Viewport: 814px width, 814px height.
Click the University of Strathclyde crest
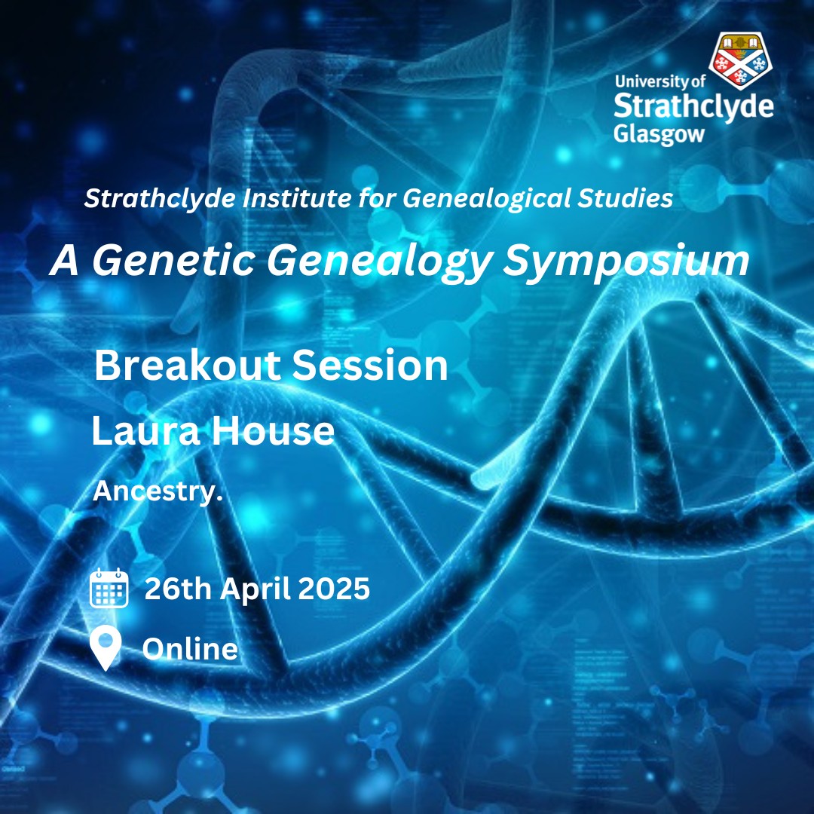pyautogui.click(x=741, y=60)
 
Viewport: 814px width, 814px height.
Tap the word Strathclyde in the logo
pyautogui.click(x=693, y=106)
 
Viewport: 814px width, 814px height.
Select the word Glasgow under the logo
pyautogui.click(x=659, y=134)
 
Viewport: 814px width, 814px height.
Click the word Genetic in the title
pyautogui.click(x=173, y=260)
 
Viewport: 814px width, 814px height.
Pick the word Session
pyautogui.click(x=369, y=365)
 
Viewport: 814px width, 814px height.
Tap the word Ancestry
pyautogui.click(x=158, y=491)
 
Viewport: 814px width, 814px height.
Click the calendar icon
pyautogui.click(x=109, y=588)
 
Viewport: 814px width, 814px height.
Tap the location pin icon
pyautogui.click(x=106, y=648)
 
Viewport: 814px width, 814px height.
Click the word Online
pyautogui.click(x=190, y=649)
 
